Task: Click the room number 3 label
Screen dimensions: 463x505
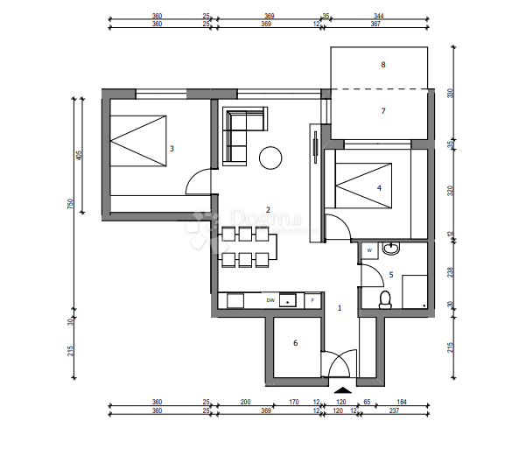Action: (x=172, y=149)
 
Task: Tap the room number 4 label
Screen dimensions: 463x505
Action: (x=379, y=187)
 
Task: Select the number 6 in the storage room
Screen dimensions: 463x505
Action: (x=296, y=343)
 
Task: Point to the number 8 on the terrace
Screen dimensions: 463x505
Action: (x=382, y=65)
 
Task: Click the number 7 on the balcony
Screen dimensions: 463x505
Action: (x=382, y=111)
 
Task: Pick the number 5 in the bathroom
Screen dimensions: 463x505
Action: (x=391, y=275)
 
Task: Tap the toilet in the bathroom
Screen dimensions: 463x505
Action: (x=384, y=300)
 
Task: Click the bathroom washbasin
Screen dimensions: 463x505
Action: (x=392, y=249)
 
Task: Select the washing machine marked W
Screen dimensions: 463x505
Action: (x=369, y=250)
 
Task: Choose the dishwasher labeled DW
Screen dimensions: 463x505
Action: (x=271, y=300)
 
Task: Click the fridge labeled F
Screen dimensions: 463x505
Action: (x=312, y=300)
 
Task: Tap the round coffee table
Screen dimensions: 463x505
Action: (x=270, y=158)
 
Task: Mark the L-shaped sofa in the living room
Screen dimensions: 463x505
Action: (x=237, y=131)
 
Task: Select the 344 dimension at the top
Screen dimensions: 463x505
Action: (x=378, y=17)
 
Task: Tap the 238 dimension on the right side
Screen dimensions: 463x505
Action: (x=451, y=271)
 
